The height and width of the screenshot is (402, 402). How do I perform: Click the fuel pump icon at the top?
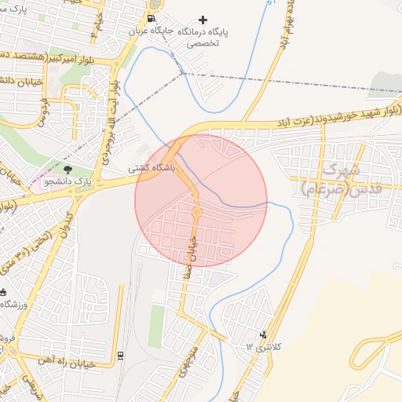[151, 18]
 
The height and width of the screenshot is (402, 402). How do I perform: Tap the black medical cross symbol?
[204, 20]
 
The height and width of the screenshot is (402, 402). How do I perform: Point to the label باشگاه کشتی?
[153, 168]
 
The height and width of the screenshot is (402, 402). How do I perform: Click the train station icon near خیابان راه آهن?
[120, 355]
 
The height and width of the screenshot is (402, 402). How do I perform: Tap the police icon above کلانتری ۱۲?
[263, 335]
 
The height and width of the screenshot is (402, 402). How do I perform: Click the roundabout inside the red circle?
[196, 212]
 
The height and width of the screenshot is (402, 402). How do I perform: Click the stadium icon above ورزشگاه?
[7, 292]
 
